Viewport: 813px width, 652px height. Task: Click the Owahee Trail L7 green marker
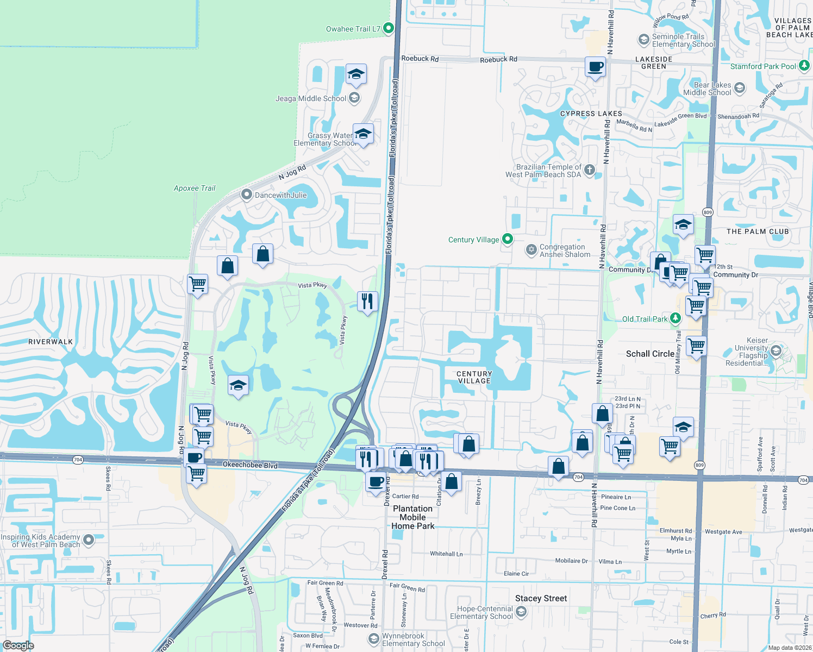(389, 28)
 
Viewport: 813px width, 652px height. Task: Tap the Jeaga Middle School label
(311, 98)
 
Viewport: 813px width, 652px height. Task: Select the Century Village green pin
(508, 239)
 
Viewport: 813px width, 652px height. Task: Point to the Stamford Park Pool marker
(804, 66)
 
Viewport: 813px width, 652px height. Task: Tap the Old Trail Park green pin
(675, 318)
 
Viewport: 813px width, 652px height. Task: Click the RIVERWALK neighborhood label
(51, 342)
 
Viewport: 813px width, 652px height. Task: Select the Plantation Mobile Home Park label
(413, 517)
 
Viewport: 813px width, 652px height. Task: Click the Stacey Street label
(541, 598)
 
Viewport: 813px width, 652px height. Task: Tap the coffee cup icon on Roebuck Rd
(596, 67)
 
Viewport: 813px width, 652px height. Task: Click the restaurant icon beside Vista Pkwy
(367, 301)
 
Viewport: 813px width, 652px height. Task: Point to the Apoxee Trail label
(195, 188)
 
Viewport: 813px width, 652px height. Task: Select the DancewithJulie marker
(246, 195)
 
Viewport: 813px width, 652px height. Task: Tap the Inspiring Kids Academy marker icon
(89, 540)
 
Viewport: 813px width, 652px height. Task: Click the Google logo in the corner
(18, 645)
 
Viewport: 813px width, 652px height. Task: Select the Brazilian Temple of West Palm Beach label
(543, 171)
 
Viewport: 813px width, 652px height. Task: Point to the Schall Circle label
(650, 354)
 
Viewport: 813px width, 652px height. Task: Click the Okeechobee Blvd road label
(250, 465)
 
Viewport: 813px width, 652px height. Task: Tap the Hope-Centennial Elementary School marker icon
(521, 612)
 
